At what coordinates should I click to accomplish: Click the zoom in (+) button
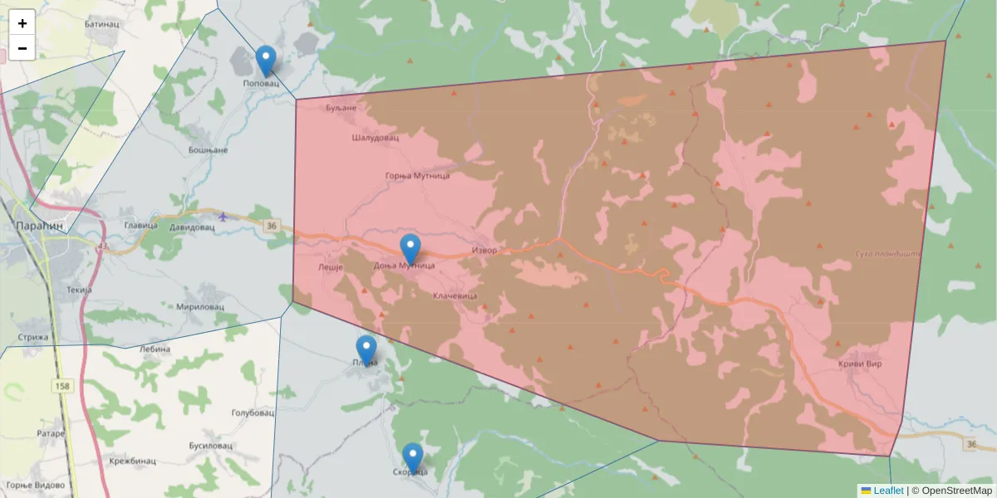click(x=22, y=23)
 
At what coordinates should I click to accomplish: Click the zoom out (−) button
click(x=22, y=48)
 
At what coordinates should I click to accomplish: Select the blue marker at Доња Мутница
click(x=410, y=249)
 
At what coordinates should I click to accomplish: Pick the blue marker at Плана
click(x=366, y=350)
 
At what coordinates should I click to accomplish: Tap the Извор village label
click(x=484, y=250)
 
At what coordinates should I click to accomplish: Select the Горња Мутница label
click(x=418, y=176)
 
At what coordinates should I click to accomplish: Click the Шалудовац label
click(x=376, y=137)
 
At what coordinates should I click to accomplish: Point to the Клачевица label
click(x=454, y=295)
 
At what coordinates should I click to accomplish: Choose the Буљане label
click(x=341, y=108)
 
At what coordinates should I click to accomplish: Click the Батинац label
click(x=102, y=24)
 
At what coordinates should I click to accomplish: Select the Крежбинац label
click(x=132, y=461)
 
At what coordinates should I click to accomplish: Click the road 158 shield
click(x=63, y=386)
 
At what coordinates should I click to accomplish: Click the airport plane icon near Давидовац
click(x=223, y=217)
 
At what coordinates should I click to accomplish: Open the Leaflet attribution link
click(x=887, y=491)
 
